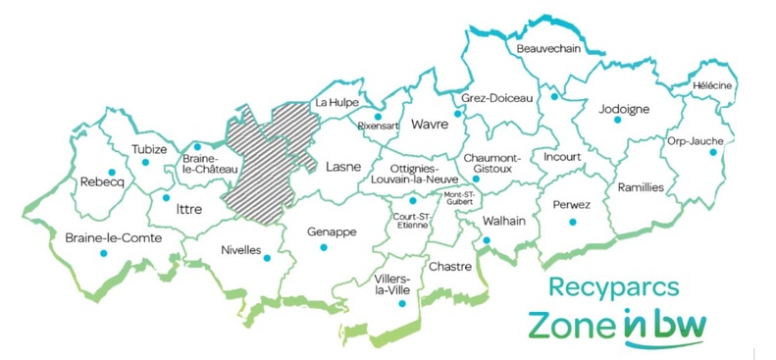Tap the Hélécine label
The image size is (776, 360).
pos(712,85)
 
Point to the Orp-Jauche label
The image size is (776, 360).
pos(695,140)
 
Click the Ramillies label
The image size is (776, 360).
pos(641,186)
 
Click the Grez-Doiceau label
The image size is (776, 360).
pos(496,98)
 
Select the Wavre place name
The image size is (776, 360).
pos(430,125)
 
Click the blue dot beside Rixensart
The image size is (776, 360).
pos(377,115)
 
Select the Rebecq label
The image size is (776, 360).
pos(101,181)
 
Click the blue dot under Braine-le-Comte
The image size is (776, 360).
pos(103,253)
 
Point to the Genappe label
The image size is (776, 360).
pos(330,231)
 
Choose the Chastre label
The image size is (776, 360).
pos(451,266)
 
